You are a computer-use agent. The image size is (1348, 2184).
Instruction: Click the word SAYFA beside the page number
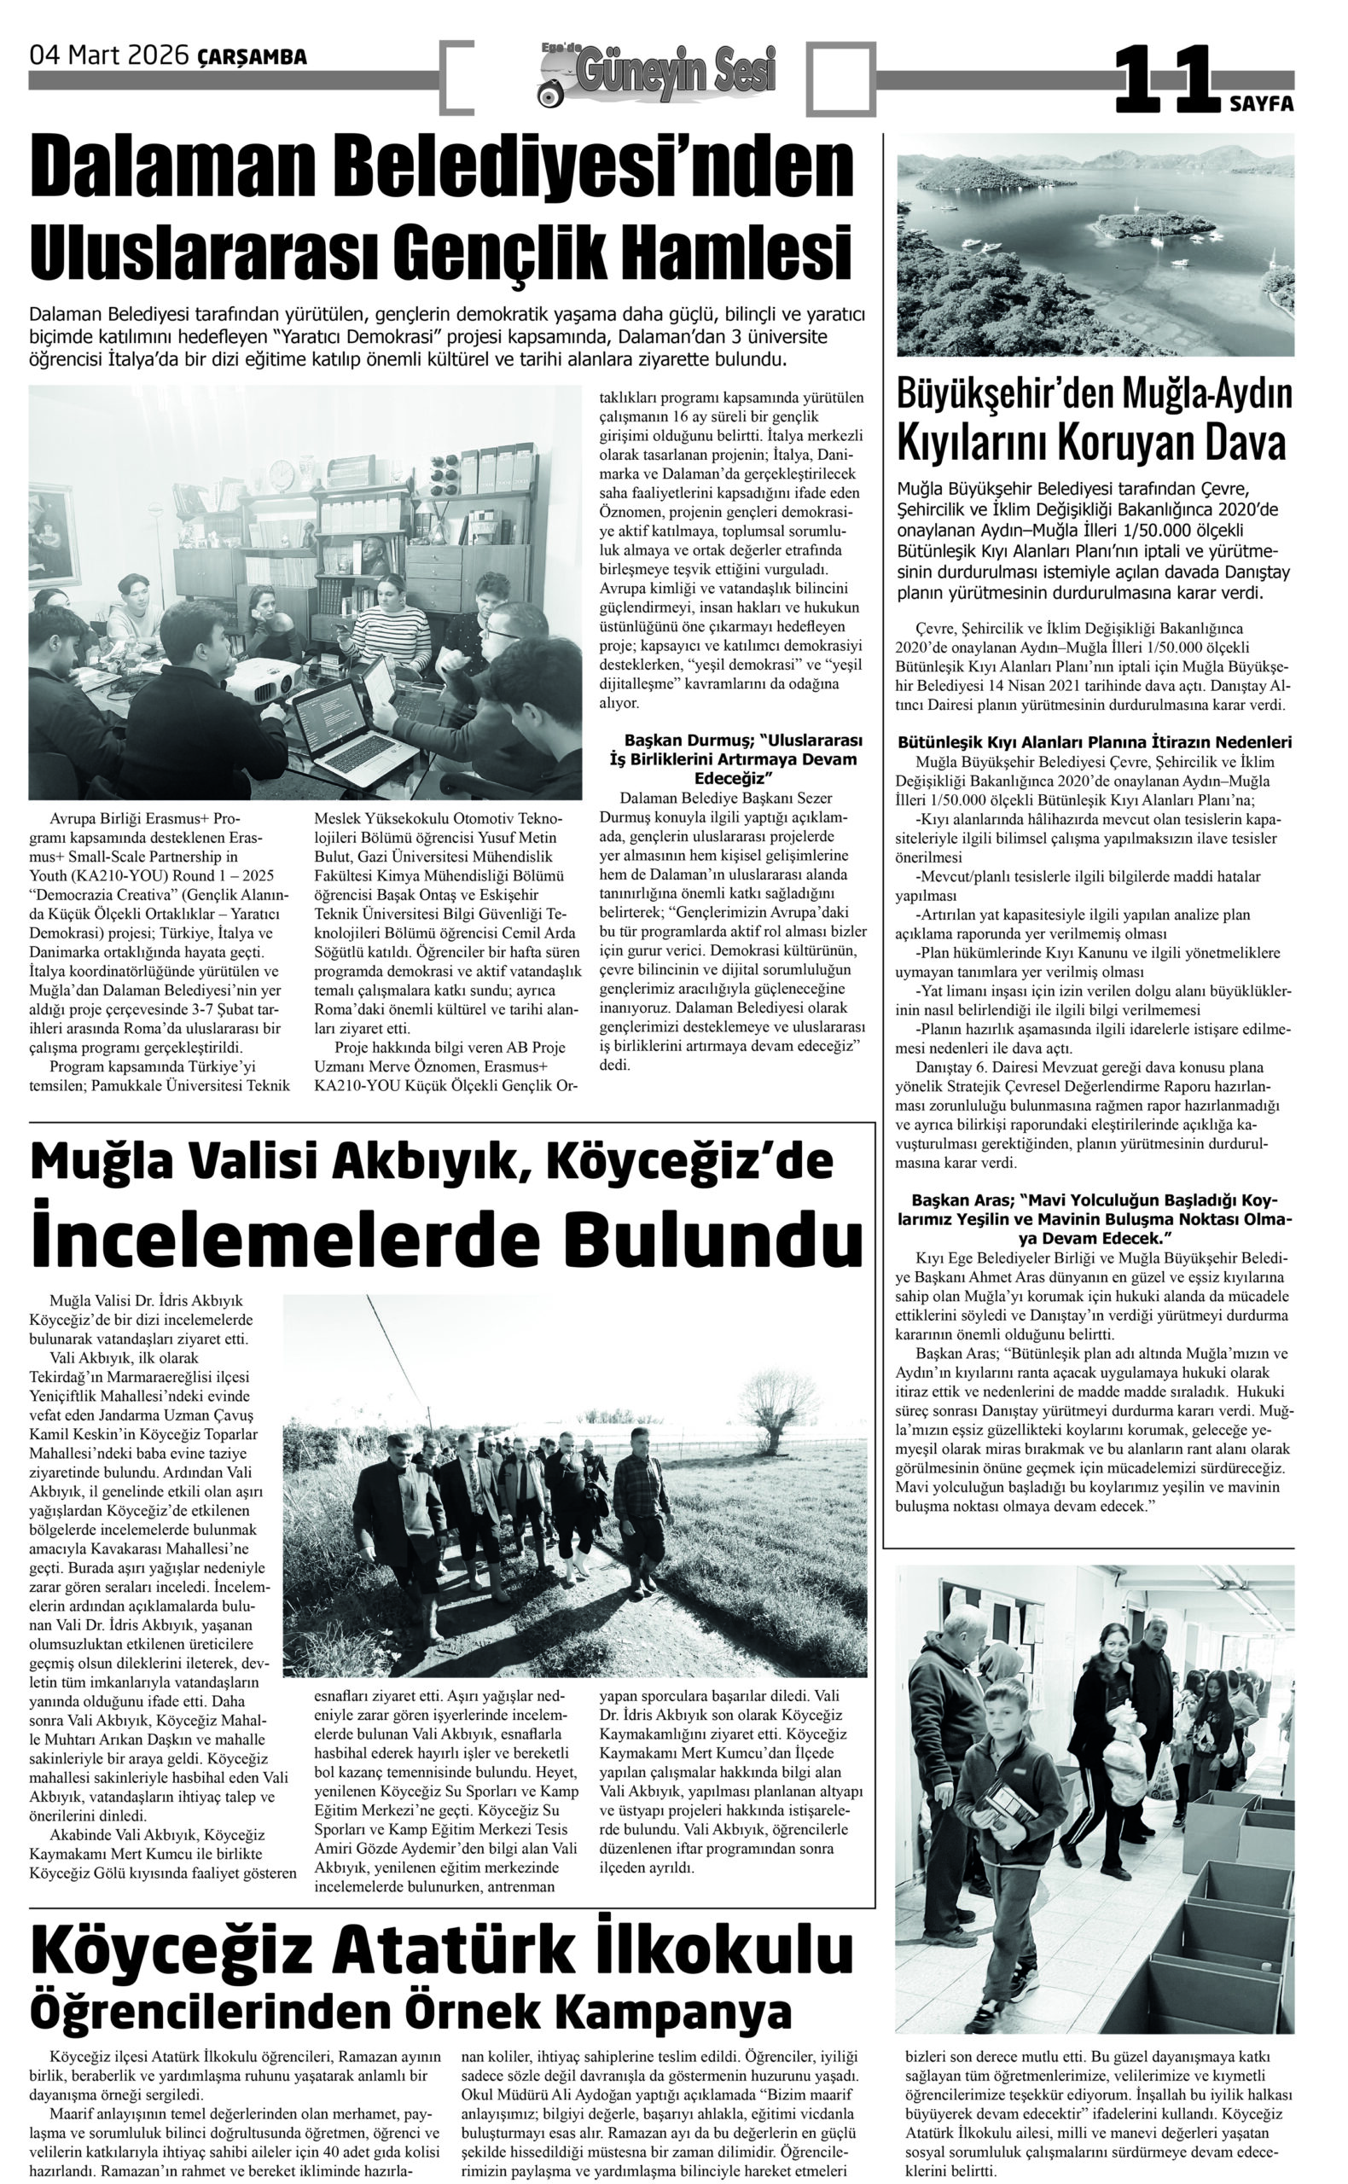pos(1262,104)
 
